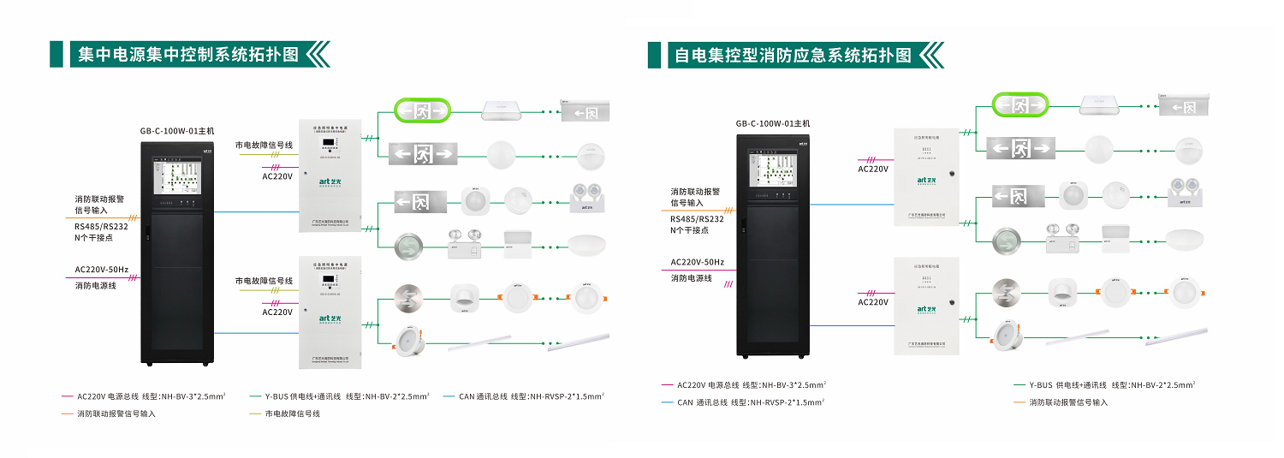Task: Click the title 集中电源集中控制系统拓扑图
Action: [188, 55]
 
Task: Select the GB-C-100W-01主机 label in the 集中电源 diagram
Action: [177, 131]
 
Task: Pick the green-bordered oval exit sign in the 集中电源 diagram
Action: [422, 110]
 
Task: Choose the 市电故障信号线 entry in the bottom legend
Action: [292, 413]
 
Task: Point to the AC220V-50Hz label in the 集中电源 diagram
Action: [102, 270]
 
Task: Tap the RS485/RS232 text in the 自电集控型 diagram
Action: [697, 218]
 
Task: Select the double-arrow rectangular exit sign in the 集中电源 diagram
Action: [422, 154]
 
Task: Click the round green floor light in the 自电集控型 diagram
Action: [1006, 241]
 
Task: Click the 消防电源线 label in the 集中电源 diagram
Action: [96, 285]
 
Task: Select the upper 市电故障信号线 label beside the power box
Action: [265, 146]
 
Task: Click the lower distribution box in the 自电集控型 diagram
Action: [925, 305]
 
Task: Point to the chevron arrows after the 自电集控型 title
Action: [930, 56]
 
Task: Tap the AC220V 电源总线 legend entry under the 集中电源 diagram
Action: [151, 396]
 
